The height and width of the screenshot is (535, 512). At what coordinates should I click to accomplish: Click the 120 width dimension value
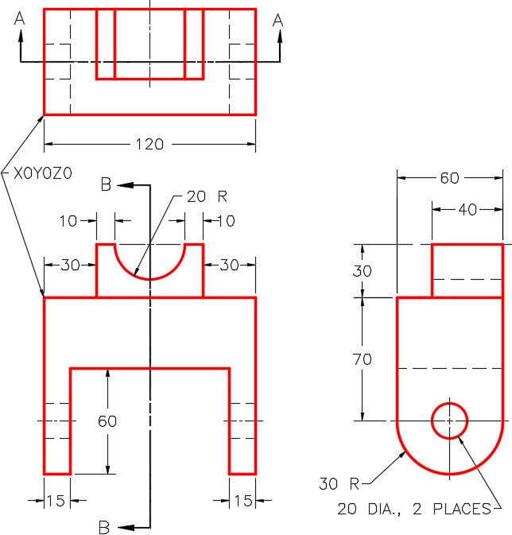tap(149, 145)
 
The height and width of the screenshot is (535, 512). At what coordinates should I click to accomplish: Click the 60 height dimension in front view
tap(107, 421)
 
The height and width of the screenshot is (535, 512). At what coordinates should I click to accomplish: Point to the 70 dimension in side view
tap(362, 359)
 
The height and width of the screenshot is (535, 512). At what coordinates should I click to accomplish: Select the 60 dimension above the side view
tap(449, 179)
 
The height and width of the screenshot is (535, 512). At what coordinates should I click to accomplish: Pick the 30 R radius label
tap(340, 483)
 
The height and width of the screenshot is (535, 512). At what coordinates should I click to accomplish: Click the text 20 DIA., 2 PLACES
tap(413, 509)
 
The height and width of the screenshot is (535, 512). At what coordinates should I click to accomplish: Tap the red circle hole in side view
tap(449, 420)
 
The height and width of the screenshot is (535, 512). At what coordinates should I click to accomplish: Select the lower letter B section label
tap(103, 526)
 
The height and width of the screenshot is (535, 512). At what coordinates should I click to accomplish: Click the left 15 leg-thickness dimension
tap(56, 501)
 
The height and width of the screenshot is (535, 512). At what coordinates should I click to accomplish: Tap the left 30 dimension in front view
tap(70, 266)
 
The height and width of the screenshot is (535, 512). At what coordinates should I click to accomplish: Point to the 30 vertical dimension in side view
tap(362, 270)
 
